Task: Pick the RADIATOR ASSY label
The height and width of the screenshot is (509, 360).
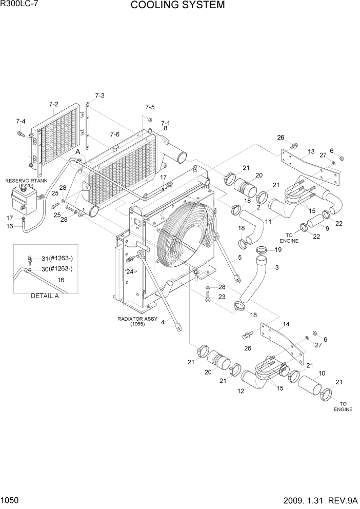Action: point(137,319)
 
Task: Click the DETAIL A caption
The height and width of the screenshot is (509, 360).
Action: point(46,296)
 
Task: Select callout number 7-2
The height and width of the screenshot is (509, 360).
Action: point(54,104)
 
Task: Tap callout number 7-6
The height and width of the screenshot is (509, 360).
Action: point(115,134)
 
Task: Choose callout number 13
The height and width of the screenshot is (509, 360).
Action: point(311,152)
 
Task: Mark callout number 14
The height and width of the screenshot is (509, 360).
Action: point(286,324)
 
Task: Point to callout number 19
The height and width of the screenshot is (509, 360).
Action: point(278,250)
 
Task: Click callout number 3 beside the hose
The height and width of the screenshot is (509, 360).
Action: point(277,267)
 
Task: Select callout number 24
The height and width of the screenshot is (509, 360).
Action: point(130,272)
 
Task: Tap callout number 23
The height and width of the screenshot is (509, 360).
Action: point(222,297)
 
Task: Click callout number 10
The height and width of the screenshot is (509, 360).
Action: point(322,373)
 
